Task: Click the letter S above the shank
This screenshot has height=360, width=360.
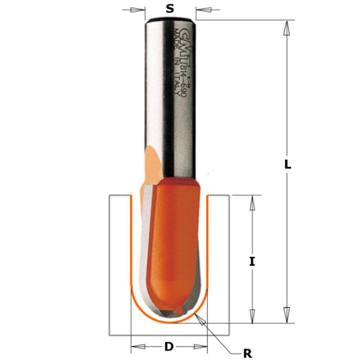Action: pos(170,9)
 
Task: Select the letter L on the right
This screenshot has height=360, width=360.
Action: pos(287,165)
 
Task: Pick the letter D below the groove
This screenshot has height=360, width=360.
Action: pos(168,347)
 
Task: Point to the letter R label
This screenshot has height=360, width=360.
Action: pos(247,354)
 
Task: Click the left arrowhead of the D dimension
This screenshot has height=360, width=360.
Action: pos(139,347)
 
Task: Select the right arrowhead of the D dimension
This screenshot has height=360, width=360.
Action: pos(200,347)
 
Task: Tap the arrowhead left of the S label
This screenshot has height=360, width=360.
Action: pos(139,9)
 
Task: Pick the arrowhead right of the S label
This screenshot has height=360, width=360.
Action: pos(203,9)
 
